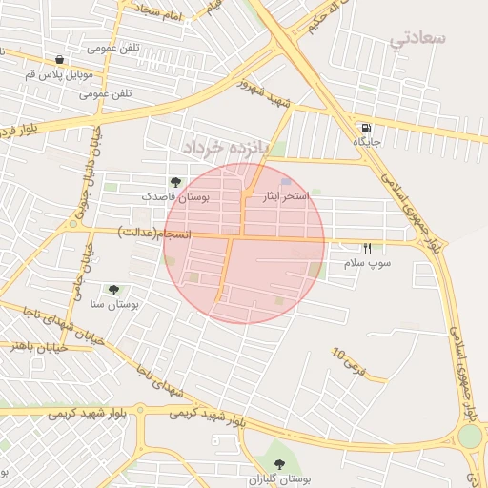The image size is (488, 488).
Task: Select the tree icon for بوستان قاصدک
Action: click(174, 181)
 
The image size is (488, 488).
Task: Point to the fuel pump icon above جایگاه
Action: click(367, 128)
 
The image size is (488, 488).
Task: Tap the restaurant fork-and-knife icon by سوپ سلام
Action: click(367, 248)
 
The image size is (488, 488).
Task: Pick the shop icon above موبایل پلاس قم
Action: click(60, 58)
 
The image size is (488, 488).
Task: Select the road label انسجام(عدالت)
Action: click(155, 233)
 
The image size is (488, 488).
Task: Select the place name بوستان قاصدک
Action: click(173, 195)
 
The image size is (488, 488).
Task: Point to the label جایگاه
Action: click(367, 142)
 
